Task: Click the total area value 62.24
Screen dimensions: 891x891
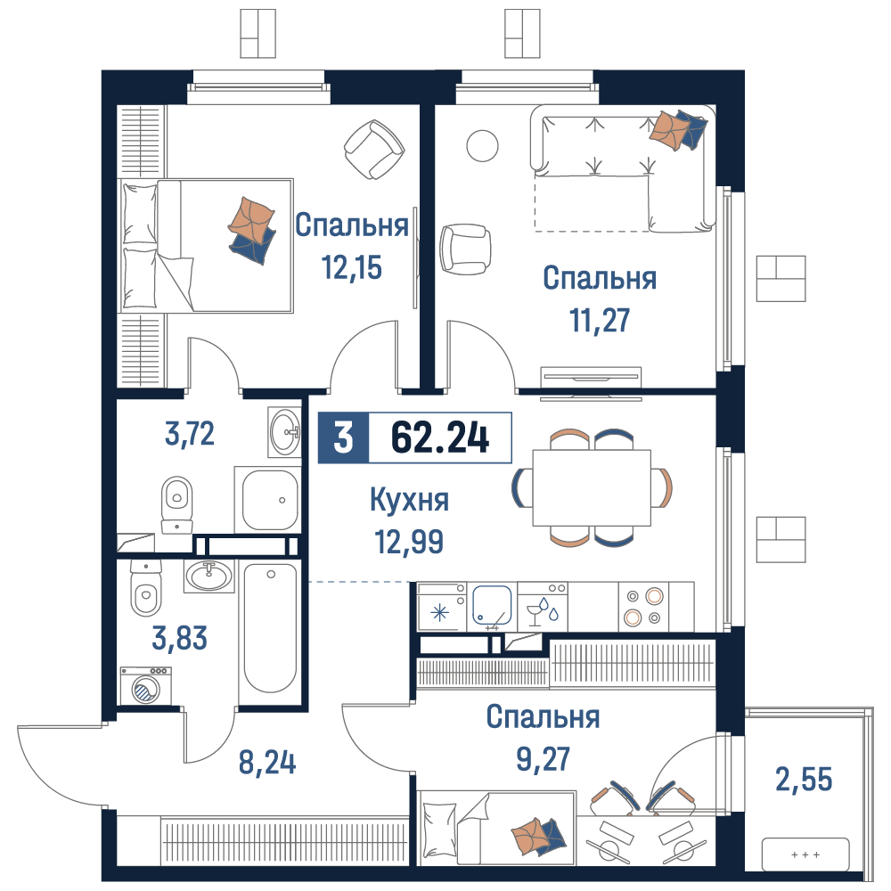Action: (x=440, y=437)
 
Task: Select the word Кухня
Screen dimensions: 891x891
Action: (x=409, y=500)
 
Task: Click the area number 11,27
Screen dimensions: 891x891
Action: (x=600, y=320)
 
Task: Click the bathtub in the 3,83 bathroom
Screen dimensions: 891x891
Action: (x=270, y=628)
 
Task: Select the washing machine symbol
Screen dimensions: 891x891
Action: (x=143, y=688)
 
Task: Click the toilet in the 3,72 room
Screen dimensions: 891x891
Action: (x=177, y=499)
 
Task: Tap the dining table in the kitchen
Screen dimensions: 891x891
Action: (x=592, y=487)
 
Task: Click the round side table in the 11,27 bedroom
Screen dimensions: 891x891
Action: (x=483, y=145)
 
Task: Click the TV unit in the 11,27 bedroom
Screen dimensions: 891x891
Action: (x=591, y=377)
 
